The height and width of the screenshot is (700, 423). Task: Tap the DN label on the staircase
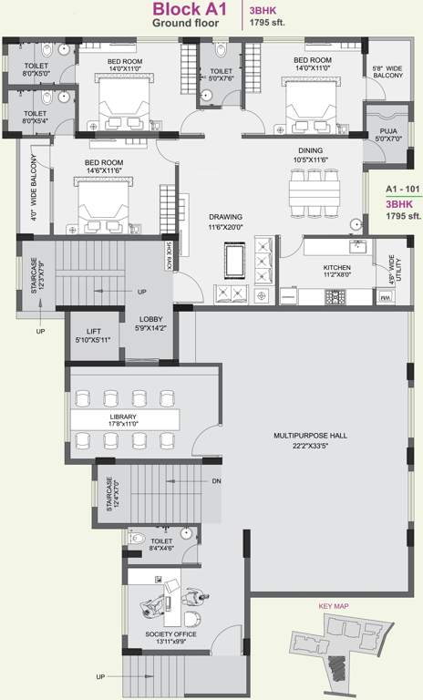[x=216, y=481]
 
